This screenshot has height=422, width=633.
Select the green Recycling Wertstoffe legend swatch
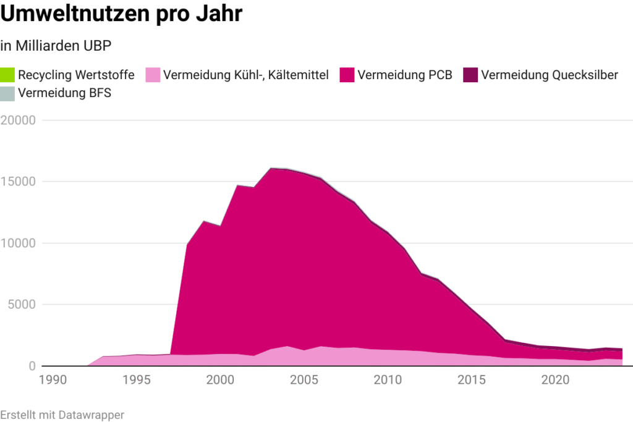[7, 75]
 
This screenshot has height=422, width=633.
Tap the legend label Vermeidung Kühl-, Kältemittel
[245, 75]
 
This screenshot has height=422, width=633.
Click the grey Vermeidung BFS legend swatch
[7, 94]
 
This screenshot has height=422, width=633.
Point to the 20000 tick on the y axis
[19, 120]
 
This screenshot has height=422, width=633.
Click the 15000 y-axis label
[19, 182]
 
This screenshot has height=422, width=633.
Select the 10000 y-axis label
[19, 243]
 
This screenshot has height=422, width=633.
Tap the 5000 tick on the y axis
[22, 305]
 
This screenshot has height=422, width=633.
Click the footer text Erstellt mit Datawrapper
[62, 415]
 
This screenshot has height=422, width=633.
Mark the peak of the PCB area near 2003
[271, 168]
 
